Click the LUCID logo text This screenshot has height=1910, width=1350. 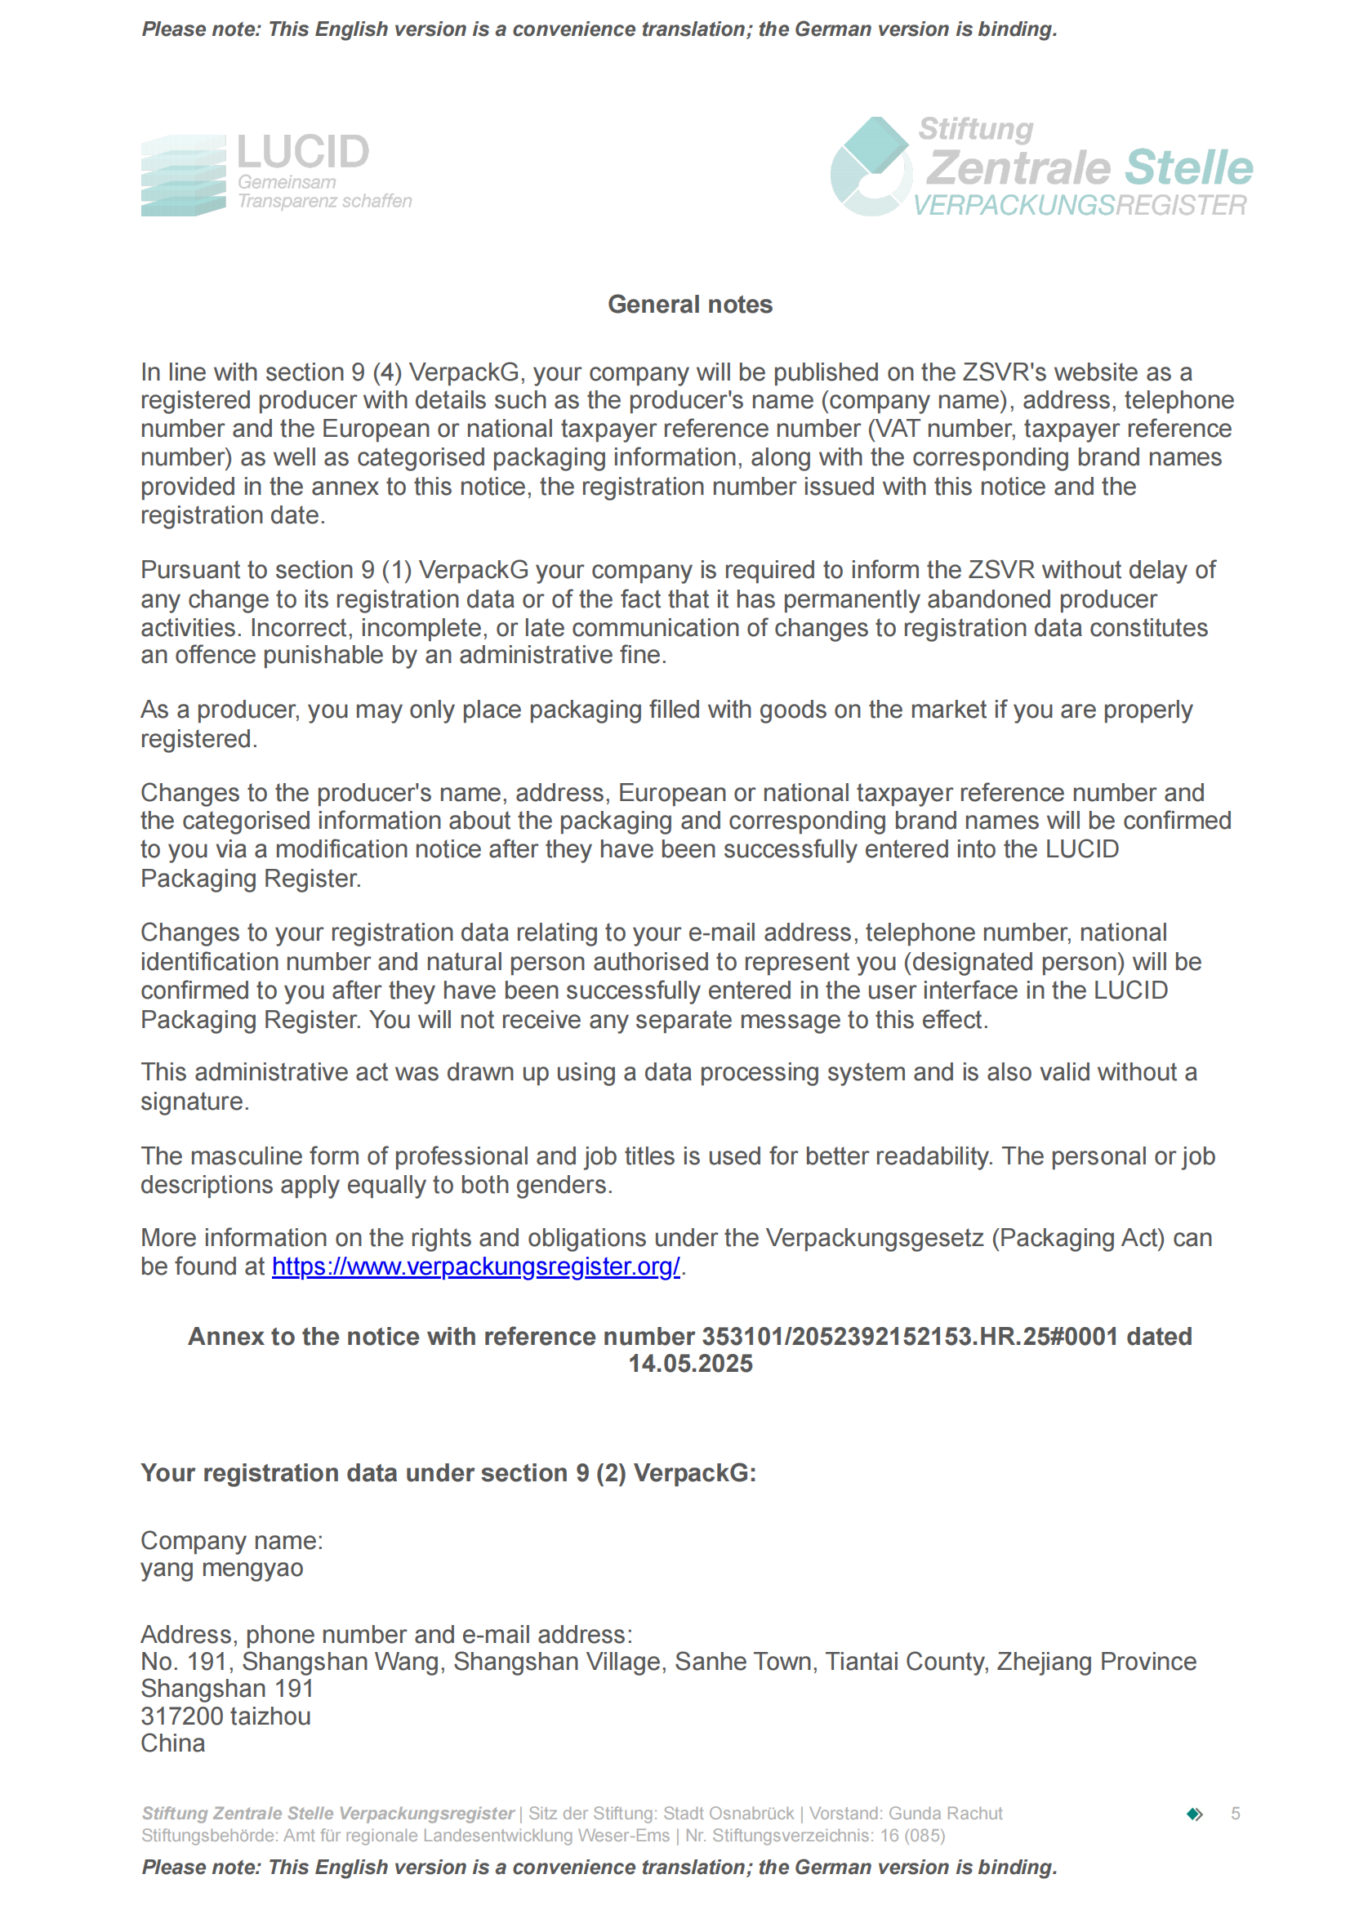[303, 152]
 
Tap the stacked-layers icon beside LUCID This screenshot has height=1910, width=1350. [183, 176]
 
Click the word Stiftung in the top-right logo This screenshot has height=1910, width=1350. [976, 129]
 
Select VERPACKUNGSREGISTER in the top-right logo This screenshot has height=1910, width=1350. [1080, 206]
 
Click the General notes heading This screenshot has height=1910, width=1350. [689, 305]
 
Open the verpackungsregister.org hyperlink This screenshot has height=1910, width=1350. [476, 1267]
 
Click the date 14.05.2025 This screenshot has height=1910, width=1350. [689, 1365]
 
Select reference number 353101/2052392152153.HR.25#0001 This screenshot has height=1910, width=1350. [910, 1336]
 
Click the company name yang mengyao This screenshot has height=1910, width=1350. [221, 1568]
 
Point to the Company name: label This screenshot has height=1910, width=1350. [231, 1541]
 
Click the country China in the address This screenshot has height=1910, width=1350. [172, 1743]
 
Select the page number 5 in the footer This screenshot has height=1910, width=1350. [1235, 1814]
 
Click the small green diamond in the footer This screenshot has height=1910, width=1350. [1195, 1814]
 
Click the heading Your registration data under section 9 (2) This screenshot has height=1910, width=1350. [448, 1473]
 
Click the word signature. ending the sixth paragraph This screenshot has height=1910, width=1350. [194, 1102]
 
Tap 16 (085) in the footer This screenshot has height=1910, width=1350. [912, 1835]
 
